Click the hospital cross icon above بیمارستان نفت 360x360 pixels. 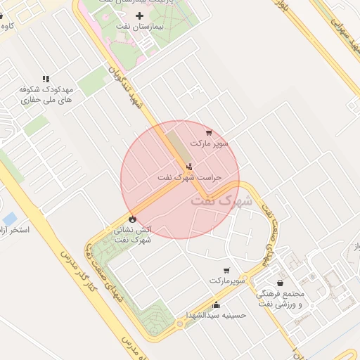(139, 15)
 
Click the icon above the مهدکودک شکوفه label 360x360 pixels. (46, 79)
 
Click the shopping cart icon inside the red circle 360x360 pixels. (208, 132)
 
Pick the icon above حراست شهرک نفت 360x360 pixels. (189, 167)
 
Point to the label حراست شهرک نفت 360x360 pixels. (190, 178)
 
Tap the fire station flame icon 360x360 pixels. (132, 218)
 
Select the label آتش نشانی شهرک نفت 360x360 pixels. (132, 234)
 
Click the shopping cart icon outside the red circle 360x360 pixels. (226, 270)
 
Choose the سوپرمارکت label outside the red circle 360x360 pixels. (226, 281)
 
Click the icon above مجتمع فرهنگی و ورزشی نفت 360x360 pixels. (281, 283)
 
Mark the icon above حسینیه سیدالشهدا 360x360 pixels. (216, 305)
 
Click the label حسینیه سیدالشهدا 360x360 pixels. (216, 316)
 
